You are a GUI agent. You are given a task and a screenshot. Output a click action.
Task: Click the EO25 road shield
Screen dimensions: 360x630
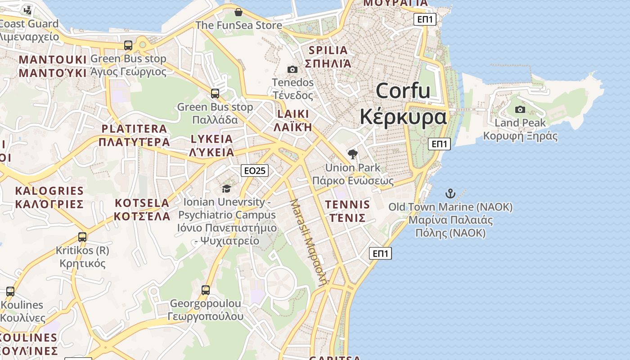pos(255,171)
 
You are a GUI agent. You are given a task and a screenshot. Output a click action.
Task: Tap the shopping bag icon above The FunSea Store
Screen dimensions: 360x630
pos(238,12)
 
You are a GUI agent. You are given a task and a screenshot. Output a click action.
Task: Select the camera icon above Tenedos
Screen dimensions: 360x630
pos(292,69)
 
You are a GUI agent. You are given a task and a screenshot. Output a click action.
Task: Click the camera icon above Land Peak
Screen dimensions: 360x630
pos(520,109)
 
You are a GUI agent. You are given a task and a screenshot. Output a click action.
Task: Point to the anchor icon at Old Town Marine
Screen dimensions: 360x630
pos(450,193)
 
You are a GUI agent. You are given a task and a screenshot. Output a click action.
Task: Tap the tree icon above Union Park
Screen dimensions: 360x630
pos(353,154)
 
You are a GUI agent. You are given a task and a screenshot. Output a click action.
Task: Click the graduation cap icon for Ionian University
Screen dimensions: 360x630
pos(226,189)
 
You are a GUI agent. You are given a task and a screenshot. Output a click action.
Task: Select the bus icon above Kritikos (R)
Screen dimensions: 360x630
pos(82,237)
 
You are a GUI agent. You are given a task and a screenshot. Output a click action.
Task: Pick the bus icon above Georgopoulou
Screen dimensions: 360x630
pos(206,290)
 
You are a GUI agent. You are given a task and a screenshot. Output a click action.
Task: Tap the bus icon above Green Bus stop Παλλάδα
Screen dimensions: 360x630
pos(215,94)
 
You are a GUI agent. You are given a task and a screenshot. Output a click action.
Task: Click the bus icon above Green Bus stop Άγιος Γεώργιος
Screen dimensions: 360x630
pos(128,45)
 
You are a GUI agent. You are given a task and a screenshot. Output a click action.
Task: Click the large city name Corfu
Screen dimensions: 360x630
pos(403,91)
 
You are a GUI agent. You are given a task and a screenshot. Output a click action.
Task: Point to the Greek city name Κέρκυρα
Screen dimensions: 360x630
pos(403,117)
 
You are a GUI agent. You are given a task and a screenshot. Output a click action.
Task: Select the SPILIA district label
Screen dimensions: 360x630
pos(328,50)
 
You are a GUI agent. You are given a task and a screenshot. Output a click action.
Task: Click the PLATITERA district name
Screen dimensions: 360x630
pos(134,129)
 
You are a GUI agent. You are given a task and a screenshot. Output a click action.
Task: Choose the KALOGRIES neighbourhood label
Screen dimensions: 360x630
pos(49,191)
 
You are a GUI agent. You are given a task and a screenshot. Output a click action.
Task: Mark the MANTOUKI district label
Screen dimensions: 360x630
pos(52,60)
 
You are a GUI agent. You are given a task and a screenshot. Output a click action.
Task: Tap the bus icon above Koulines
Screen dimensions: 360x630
pos(10,291)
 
